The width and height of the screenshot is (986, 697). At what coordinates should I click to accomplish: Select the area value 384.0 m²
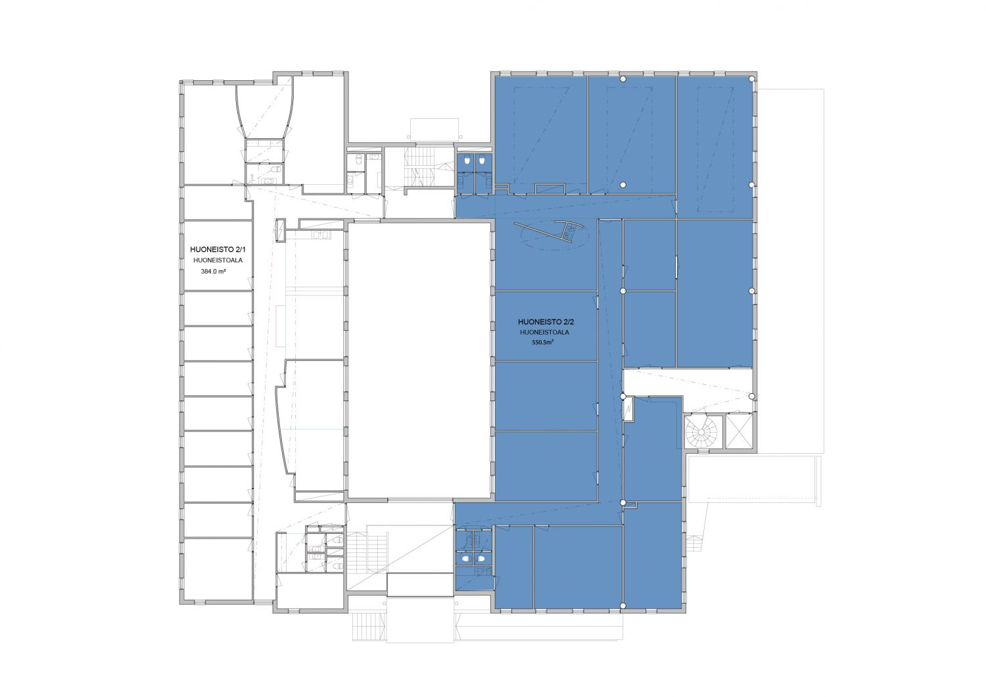coord(214,272)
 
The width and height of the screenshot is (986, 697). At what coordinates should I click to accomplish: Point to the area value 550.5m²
coord(542,342)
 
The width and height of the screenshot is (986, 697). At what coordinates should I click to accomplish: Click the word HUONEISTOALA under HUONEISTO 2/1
coord(218,260)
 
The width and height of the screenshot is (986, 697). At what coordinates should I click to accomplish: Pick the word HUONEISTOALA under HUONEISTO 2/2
coord(544,333)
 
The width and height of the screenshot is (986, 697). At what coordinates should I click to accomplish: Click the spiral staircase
coord(701,432)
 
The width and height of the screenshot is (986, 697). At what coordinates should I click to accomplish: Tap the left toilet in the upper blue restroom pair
coord(466,160)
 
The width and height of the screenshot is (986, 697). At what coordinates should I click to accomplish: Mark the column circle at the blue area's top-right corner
coord(752,79)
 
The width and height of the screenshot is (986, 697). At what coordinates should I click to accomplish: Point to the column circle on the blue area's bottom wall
coord(623,606)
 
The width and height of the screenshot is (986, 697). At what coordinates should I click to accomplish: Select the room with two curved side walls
coord(264,112)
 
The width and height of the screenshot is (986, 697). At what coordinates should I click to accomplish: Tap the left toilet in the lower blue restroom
coord(466,559)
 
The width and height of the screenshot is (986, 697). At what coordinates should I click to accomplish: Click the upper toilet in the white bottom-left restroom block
coord(338,540)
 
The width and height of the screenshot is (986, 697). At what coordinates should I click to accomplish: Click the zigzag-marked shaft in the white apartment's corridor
coord(281,230)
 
